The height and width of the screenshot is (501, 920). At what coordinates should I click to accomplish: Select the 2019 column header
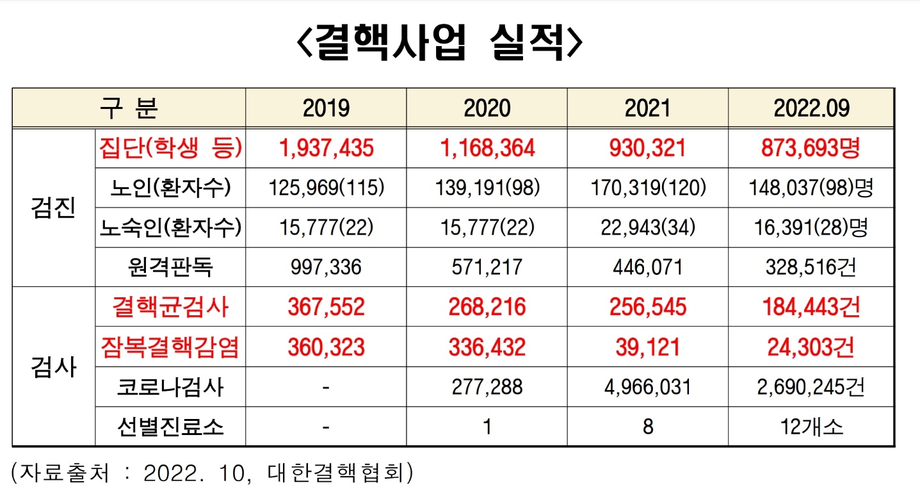(x=326, y=108)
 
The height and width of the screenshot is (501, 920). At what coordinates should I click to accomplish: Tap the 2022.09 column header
(x=811, y=108)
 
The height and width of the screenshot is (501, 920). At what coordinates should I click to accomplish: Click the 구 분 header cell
(x=129, y=108)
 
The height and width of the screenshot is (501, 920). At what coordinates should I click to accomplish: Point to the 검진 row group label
(x=54, y=208)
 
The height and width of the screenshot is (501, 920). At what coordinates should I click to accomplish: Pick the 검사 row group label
(x=54, y=367)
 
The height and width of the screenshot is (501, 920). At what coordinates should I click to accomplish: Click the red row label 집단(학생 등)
(x=170, y=148)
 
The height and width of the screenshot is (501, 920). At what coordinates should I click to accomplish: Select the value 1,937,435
(x=326, y=148)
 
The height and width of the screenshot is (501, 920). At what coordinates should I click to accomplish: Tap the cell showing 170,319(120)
(x=647, y=188)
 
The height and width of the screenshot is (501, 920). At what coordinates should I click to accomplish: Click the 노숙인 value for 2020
(x=487, y=227)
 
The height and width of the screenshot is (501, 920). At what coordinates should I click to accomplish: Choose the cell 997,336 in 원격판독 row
(x=326, y=267)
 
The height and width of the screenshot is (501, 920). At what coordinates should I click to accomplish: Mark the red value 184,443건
(x=811, y=307)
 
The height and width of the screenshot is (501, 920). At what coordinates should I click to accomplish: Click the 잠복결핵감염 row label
(x=170, y=347)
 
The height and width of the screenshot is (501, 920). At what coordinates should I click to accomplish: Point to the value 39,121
(x=647, y=347)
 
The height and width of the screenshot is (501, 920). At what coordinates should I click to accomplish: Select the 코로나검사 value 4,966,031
(x=647, y=387)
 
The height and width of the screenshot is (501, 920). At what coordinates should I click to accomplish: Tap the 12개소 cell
(x=811, y=427)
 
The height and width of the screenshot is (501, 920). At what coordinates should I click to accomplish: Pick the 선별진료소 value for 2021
(x=647, y=427)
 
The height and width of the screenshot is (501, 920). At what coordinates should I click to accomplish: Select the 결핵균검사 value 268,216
(x=487, y=307)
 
